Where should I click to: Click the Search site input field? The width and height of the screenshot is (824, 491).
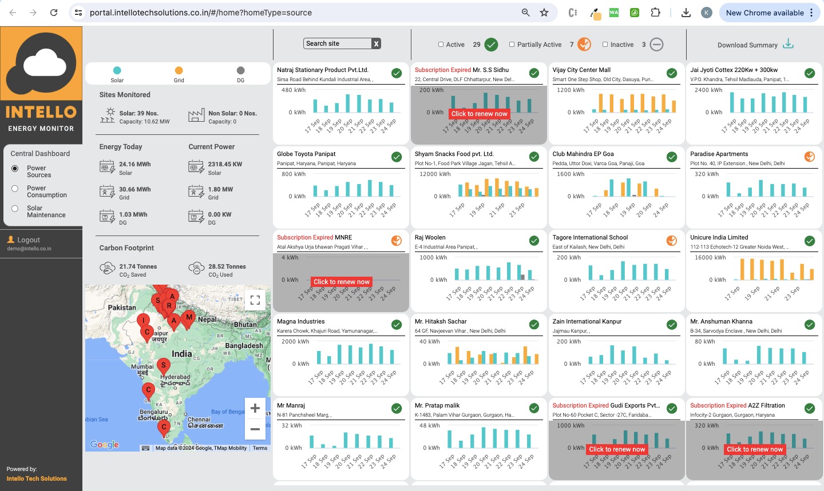pyautogui.click(x=337, y=43)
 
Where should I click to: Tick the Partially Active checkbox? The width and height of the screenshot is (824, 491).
pyautogui.click(x=512, y=45)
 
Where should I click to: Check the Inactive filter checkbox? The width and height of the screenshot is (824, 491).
pyautogui.click(x=605, y=45)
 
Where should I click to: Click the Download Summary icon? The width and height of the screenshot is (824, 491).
pyautogui.click(x=788, y=44)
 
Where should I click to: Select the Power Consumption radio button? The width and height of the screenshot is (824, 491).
pyautogui.click(x=15, y=188)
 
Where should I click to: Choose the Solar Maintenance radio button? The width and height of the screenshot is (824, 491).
pyautogui.click(x=15, y=208)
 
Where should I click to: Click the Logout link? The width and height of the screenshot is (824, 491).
pyautogui.click(x=29, y=240)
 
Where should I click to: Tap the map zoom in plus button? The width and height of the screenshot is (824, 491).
pyautogui.click(x=255, y=408)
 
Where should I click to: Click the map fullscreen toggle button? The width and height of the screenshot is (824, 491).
pyautogui.click(x=255, y=299)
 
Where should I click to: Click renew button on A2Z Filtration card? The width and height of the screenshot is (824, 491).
pyautogui.click(x=754, y=449)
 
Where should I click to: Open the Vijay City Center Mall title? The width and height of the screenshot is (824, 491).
pyautogui.click(x=581, y=70)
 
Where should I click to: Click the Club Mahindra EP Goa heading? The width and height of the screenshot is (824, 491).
pyautogui.click(x=583, y=154)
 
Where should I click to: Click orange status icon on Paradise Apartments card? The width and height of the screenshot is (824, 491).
pyautogui.click(x=810, y=157)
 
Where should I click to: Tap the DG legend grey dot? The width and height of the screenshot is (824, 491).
pyautogui.click(x=240, y=70)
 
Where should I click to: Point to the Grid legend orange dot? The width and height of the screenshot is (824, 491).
pyautogui.click(x=179, y=70)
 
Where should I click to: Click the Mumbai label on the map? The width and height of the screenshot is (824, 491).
pyautogui.click(x=142, y=366)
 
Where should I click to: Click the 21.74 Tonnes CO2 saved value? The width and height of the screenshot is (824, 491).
pyautogui.click(x=138, y=266)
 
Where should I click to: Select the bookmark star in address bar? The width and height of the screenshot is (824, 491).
pyautogui.click(x=544, y=13)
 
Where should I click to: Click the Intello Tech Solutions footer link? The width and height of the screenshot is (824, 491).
pyautogui.click(x=37, y=478)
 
